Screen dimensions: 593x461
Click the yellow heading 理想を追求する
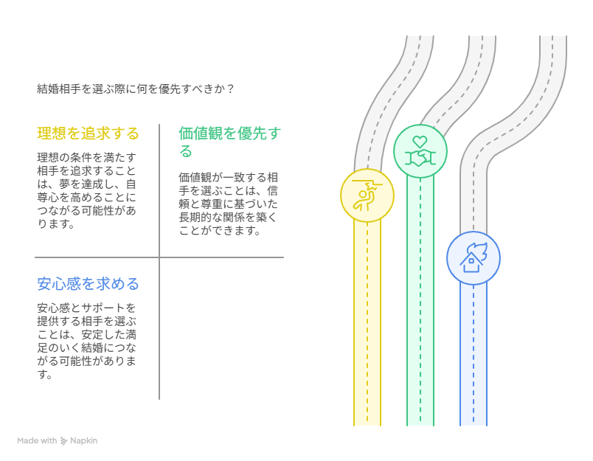pos(88,134)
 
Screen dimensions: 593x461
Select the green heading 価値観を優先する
pos(229,142)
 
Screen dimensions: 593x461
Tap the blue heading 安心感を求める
pos(88,284)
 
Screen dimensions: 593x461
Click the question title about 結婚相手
pos(136,89)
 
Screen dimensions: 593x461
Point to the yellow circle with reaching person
pos(367,195)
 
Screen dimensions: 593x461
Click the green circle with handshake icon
pos(420,151)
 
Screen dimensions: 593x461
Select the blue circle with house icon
pos(473,258)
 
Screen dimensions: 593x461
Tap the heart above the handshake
pos(420,142)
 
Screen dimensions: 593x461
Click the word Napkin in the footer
pos(83,440)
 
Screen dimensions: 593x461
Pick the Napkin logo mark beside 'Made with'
pos(63,441)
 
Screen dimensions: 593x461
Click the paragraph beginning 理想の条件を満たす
pos(86,190)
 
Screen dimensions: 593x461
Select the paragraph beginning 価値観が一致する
pos(228,204)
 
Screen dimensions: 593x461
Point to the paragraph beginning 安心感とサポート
pos(86,341)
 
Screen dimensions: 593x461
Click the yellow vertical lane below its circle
pos(367,323)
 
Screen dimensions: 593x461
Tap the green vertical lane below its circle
pos(420,302)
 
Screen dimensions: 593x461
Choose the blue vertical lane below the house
pos(473,355)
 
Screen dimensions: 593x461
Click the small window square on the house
pos(471,261)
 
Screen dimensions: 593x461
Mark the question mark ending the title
pos(231,89)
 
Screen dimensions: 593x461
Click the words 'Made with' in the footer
pos(37,440)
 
